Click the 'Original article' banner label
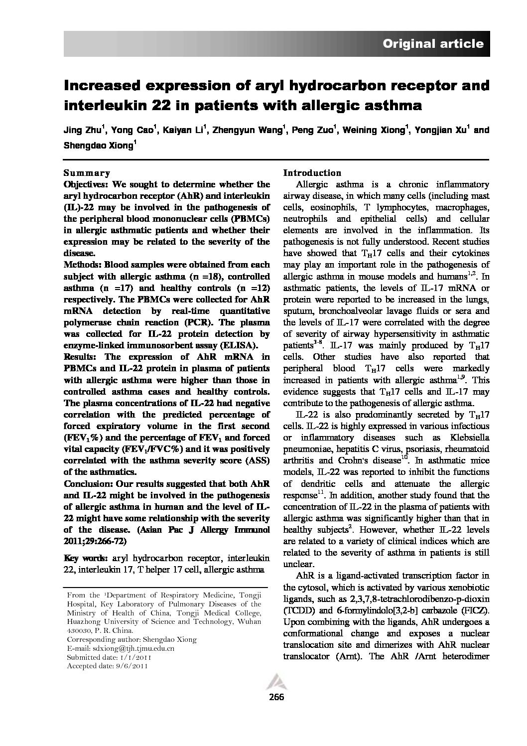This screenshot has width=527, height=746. click(433, 44)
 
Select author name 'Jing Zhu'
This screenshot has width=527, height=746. click(82, 131)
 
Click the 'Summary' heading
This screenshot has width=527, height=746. click(87, 173)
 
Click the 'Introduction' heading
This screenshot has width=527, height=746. click(312, 173)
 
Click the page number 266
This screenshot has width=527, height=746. click(276, 697)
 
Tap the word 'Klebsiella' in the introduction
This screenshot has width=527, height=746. click(468, 438)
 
